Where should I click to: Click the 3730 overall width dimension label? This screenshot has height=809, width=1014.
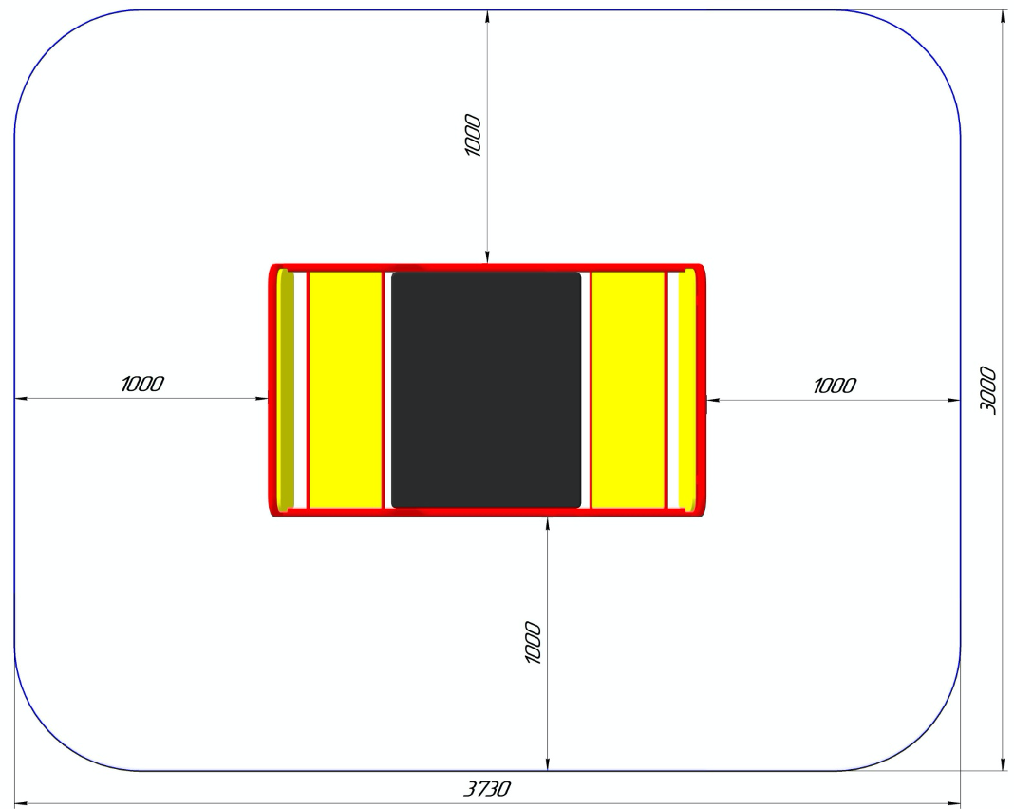487,789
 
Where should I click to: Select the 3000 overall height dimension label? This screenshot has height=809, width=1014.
987,390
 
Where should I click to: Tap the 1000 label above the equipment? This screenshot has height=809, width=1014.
473,135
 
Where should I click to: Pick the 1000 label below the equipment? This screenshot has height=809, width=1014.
533,642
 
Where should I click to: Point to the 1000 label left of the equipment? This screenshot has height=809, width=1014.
142,384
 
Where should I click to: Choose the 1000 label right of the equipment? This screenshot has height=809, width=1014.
835,386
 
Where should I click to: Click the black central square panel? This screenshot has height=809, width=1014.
486,390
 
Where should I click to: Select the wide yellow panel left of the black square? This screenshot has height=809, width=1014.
346,390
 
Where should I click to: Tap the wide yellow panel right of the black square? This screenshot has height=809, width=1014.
629,390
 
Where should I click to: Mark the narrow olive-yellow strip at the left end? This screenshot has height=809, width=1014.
285,390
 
